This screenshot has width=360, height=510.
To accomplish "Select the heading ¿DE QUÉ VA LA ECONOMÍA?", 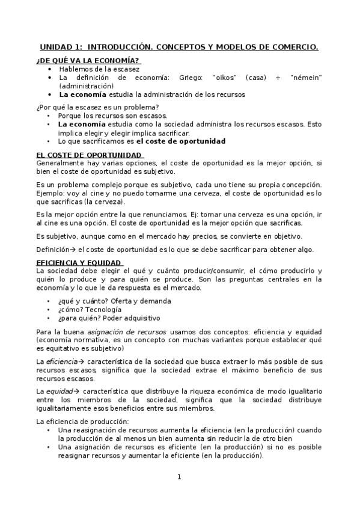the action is (x=88, y=61).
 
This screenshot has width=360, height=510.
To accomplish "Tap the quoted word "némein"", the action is (x=306, y=78).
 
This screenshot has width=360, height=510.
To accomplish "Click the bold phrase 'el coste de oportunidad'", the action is (x=181, y=141).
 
